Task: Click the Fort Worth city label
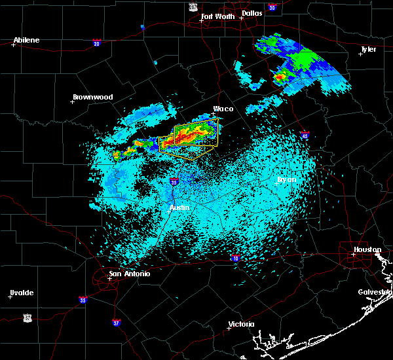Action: click(219, 16)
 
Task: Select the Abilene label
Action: click(26, 40)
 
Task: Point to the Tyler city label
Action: click(369, 49)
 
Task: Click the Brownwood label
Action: click(92, 97)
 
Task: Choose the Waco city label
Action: click(223, 109)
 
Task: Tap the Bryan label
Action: click(286, 179)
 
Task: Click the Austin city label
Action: click(179, 207)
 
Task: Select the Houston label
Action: click(367, 249)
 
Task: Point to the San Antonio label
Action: click(129, 274)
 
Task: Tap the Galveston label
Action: click(375, 292)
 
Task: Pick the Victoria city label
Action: click(241, 324)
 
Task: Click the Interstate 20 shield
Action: click(96, 43)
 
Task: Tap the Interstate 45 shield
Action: click(305, 135)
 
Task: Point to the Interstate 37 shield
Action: click(115, 322)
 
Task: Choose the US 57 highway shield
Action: click(27, 317)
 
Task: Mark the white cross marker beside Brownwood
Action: click(72, 101)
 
